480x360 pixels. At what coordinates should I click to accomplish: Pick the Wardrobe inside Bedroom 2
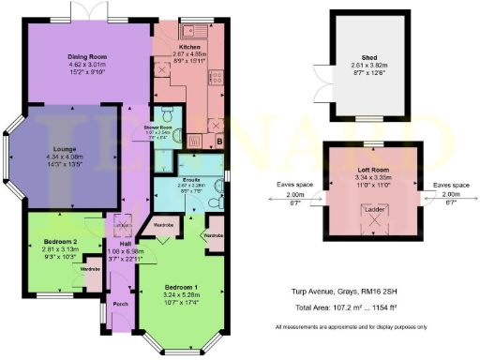pyautogui.click(x=90, y=270)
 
